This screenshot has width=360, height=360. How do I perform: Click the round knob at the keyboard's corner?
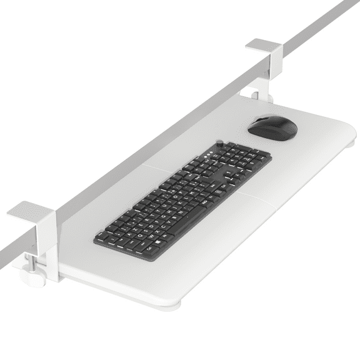pos(220,142)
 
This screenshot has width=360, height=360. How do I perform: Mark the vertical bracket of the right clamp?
pos(268,78)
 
